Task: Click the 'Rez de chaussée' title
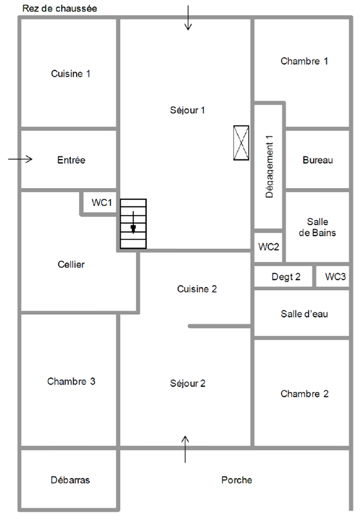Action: point(60,8)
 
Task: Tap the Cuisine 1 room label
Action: point(71,74)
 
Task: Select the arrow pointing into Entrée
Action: point(20,159)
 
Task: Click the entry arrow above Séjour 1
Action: point(188,18)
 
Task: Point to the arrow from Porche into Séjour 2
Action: point(185,449)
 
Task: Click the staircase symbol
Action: point(133,224)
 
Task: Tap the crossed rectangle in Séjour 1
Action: point(241,143)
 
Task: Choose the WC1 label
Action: point(102,202)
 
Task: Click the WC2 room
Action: point(268,247)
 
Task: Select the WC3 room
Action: point(336,277)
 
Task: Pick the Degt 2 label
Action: point(286,277)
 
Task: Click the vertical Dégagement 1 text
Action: point(269,167)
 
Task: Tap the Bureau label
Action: point(318,160)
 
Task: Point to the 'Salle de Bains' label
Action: point(317,227)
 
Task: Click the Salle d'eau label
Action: point(304,314)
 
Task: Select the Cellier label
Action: point(71,264)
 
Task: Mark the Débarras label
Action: point(70,480)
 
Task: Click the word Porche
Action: point(237,480)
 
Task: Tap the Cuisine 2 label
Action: point(196,289)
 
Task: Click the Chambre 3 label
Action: point(71,381)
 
